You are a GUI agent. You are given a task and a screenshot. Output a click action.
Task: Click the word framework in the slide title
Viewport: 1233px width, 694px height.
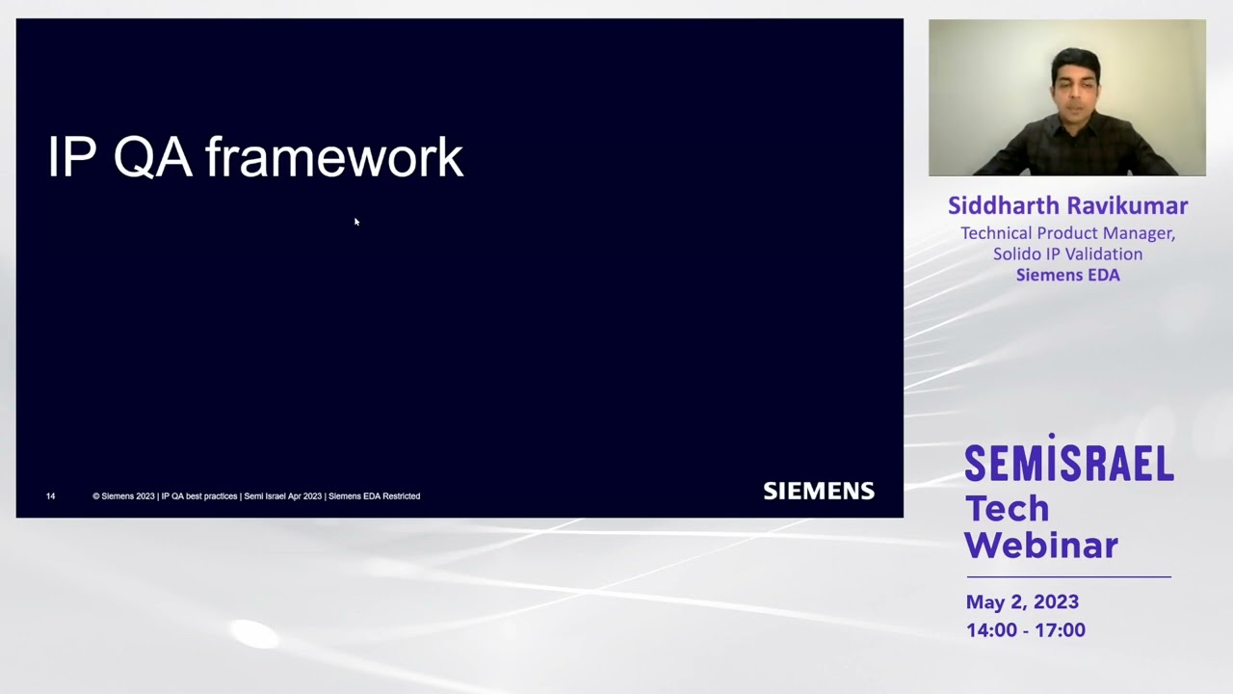[x=334, y=158]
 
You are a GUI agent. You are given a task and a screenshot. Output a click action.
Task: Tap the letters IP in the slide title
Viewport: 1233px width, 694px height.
[x=72, y=158]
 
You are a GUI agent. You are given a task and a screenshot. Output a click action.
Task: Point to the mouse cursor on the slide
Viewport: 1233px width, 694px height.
[x=356, y=222]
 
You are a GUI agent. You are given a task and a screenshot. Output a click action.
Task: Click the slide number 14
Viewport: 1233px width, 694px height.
[x=50, y=496]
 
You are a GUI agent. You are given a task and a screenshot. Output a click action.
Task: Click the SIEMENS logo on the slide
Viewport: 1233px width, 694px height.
[x=819, y=492]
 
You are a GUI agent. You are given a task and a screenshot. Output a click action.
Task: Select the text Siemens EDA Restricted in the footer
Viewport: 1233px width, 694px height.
[x=374, y=496]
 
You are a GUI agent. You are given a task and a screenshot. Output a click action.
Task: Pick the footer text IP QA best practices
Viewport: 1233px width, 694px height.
[x=198, y=496]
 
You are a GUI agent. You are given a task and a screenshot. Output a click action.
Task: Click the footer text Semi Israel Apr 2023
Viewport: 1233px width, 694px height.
[x=282, y=496]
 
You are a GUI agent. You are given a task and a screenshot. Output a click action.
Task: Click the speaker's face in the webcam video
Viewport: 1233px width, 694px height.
[x=1075, y=84]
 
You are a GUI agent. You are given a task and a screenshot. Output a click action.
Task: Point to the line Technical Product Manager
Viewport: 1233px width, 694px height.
[x=1067, y=233]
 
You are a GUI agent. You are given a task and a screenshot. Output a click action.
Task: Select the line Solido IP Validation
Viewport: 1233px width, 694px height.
[x=1067, y=254]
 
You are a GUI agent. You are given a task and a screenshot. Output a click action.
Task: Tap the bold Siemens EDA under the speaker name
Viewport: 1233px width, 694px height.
[x=1067, y=276]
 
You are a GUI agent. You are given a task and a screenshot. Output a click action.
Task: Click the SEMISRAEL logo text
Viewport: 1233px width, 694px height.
[x=1069, y=464]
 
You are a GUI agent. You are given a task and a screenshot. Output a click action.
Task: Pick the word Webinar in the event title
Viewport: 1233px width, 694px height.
[x=1041, y=546]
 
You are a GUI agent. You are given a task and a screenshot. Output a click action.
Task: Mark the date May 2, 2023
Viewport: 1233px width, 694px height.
[x=1022, y=602]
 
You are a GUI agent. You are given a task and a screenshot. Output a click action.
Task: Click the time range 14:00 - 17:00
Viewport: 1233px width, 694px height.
[x=1026, y=630]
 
